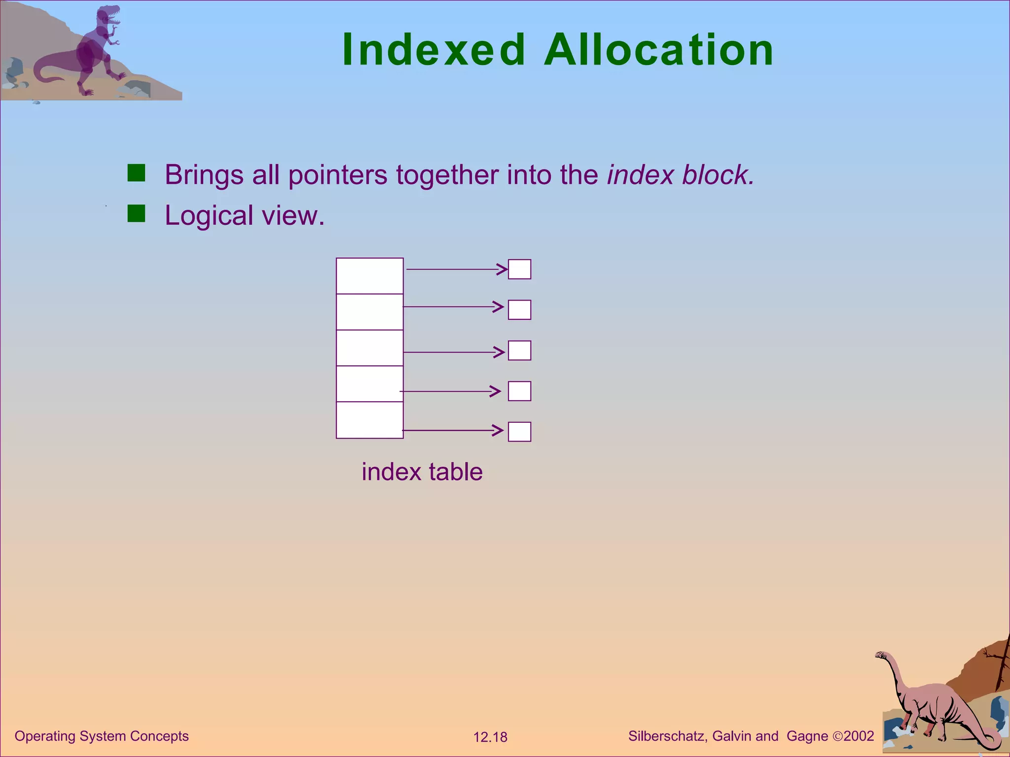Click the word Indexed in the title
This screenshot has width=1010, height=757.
click(x=433, y=50)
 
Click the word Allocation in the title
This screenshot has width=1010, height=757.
click(x=659, y=50)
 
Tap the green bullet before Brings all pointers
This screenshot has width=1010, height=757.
click(x=136, y=173)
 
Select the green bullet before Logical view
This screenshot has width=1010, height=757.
click(x=136, y=214)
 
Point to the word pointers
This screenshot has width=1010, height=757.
click(x=338, y=175)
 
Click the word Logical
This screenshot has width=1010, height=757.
click(x=209, y=216)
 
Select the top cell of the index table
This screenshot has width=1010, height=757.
click(x=369, y=276)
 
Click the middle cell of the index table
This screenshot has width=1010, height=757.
click(x=369, y=348)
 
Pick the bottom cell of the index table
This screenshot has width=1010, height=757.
click(x=369, y=420)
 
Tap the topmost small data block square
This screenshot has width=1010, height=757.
click(x=519, y=269)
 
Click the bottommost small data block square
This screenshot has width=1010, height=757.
click(x=519, y=432)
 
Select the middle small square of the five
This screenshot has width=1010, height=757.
click(x=519, y=350)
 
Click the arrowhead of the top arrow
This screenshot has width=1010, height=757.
click(x=502, y=269)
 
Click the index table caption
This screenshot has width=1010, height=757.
click(x=422, y=472)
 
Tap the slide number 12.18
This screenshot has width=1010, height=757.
click(x=490, y=737)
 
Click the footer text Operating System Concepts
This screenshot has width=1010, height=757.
click(x=102, y=736)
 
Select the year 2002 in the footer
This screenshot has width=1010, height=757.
click(x=859, y=736)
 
